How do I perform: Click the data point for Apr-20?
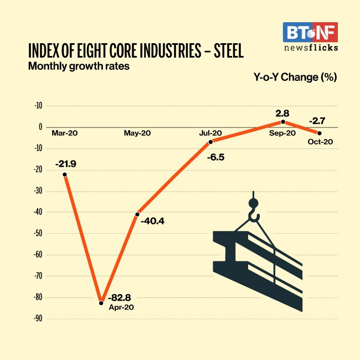(101, 302)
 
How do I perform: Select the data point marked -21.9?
(65, 174)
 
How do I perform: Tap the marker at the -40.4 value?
(137, 214)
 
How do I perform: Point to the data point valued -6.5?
(211, 142)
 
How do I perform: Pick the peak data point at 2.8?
(283, 121)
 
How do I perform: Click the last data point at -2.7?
(320, 133)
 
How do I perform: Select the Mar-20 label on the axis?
(64, 133)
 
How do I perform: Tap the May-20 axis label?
(137, 133)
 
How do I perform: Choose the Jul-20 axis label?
(210, 133)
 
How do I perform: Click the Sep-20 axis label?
(283, 133)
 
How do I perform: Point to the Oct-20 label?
(320, 142)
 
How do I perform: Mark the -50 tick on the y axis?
(38, 233)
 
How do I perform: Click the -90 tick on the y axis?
(38, 318)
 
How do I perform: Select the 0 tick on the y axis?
(40, 127)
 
